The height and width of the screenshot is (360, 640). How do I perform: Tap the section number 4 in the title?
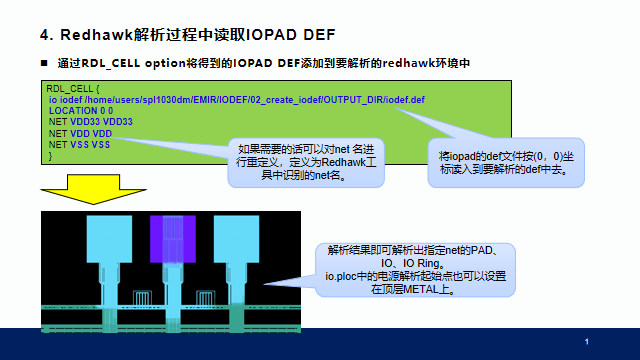45,35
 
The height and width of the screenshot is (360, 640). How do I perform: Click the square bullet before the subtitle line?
44,65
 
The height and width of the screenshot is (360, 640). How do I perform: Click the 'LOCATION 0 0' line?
80,111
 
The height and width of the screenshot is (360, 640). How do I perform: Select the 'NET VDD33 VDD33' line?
90,122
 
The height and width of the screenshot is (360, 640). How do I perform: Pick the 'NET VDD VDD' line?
79,133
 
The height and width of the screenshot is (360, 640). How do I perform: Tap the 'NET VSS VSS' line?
79,144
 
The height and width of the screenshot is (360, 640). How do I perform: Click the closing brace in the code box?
50,154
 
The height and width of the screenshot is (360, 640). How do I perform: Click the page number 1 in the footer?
586,342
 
